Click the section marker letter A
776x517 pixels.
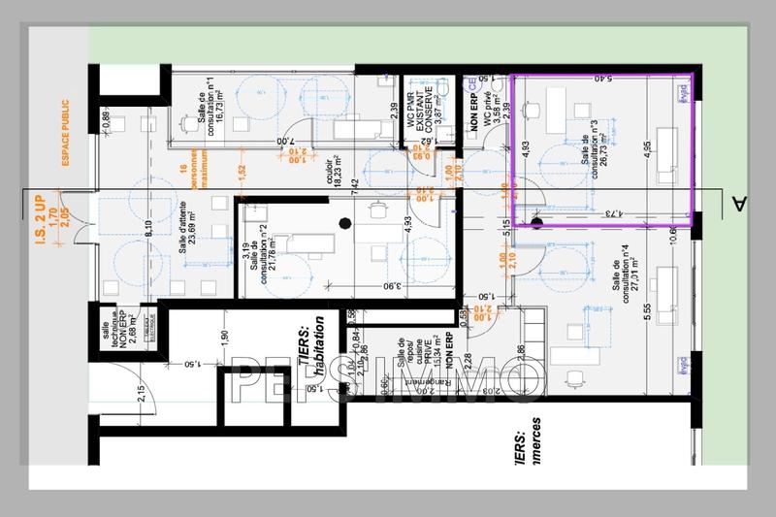tap(740, 203)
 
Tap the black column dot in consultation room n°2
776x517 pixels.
tap(342, 225)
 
